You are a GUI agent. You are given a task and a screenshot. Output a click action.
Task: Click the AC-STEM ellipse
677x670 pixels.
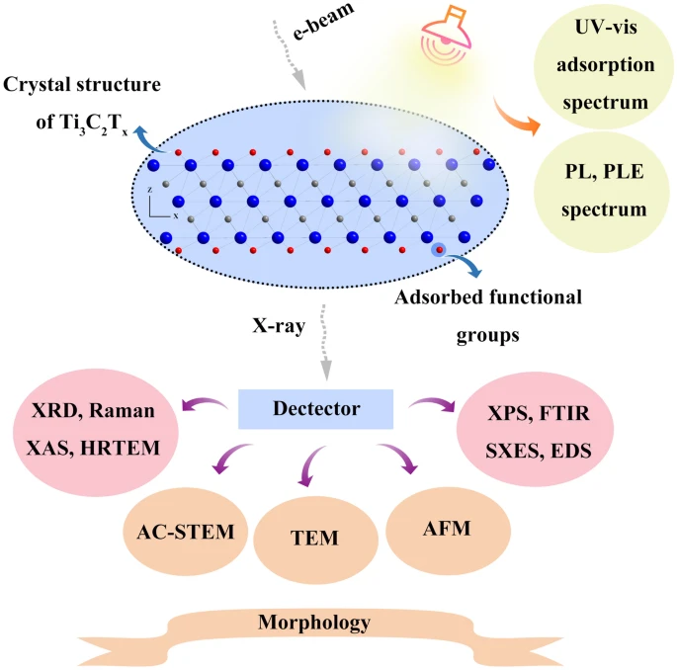point(185,531)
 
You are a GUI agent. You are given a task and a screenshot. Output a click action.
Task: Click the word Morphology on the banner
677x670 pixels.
point(314,623)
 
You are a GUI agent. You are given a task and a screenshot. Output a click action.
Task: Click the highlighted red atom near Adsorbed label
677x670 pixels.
point(439,250)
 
